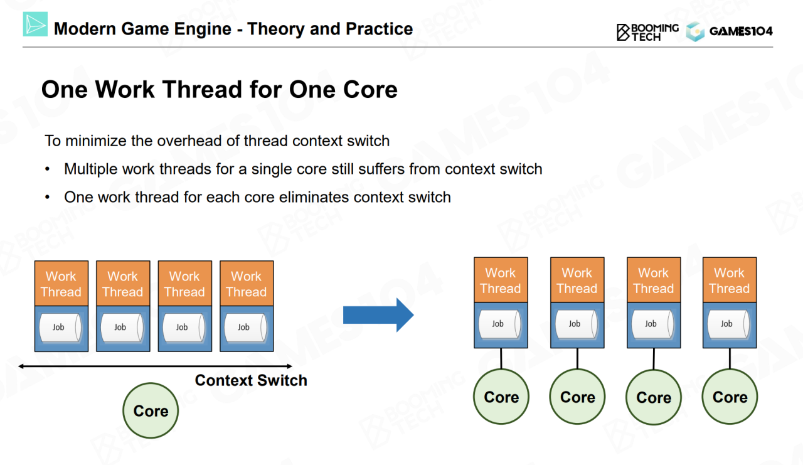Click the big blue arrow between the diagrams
tap(378, 315)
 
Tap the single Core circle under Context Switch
tap(151, 410)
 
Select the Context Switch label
tap(251, 380)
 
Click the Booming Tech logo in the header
tap(647, 31)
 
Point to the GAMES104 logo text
tap(741, 31)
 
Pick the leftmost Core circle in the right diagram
tap(501, 397)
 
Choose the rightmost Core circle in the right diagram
tap(730, 397)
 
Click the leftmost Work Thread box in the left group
tap(61, 284)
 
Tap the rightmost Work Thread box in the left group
tap(247, 284)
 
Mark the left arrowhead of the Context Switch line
tap(22, 366)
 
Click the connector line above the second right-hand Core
tap(577, 358)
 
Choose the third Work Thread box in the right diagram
tap(654, 281)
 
